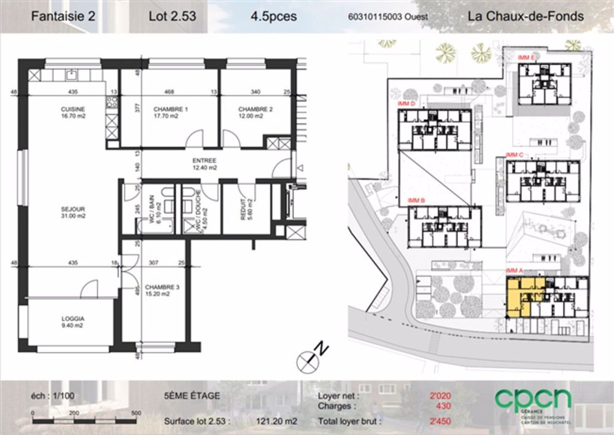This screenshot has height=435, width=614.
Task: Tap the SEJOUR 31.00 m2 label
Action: [72, 212]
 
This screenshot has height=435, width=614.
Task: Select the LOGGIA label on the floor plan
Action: [72, 321]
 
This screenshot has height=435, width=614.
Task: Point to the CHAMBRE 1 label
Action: [166, 112]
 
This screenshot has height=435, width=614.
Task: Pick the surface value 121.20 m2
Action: [276, 422]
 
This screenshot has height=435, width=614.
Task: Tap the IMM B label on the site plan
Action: [416, 200]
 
